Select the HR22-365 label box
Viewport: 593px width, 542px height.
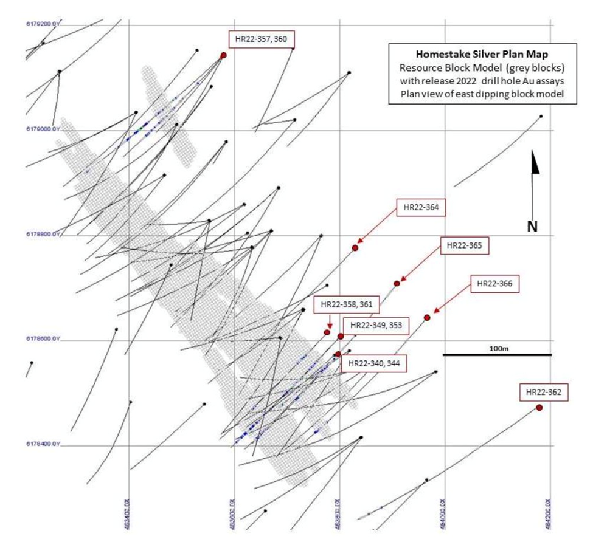463,246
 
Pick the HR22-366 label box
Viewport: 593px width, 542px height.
495,284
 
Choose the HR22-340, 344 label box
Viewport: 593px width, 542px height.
375,364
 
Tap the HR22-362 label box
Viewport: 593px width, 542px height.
543,393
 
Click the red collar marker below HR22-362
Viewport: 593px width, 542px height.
539,407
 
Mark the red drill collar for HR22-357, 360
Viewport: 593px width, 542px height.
223,55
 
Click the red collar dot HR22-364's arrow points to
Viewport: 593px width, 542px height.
355,247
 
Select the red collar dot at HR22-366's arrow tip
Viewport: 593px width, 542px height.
427,317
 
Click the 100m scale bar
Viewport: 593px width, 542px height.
497,354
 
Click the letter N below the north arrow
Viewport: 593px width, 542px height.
532,226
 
